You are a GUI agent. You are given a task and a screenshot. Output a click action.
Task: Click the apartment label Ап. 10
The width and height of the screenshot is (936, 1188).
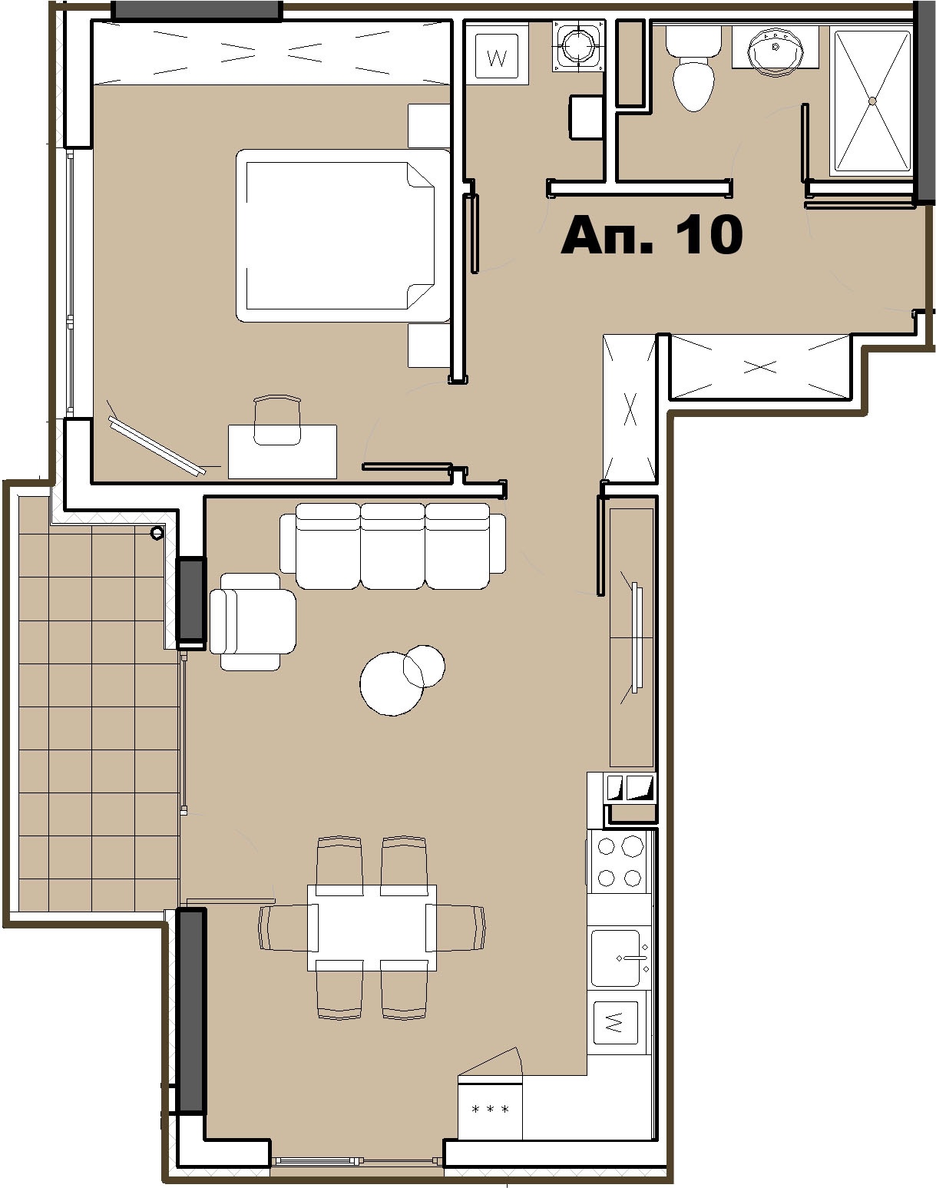tap(651, 235)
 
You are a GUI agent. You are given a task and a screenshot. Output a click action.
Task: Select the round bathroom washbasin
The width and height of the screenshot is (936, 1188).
tap(775, 50)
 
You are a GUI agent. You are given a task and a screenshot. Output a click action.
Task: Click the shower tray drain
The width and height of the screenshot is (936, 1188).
tap(872, 101)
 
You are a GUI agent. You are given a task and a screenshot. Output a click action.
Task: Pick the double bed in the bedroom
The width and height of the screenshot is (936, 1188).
tap(343, 235)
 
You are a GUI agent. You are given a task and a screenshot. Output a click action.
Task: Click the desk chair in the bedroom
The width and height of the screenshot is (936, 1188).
tap(277, 420)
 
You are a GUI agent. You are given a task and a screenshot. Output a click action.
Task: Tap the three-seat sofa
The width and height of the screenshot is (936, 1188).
tap(392, 545)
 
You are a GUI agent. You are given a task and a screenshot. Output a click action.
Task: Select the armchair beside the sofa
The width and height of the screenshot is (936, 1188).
tap(252, 621)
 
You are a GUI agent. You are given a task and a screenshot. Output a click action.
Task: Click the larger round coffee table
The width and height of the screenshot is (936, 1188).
tap(392, 683)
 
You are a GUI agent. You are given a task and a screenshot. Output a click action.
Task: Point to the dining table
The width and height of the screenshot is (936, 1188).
tap(372, 928)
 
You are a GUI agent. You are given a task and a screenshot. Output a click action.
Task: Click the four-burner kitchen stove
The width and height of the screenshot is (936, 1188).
tap(619, 862)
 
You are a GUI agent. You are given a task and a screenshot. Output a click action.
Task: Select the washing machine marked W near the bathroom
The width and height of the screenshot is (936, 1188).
tap(497, 56)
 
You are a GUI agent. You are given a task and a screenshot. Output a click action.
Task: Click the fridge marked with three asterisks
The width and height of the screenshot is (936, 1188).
tap(490, 1108)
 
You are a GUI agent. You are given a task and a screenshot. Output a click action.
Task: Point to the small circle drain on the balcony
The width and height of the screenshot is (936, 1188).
tap(157, 533)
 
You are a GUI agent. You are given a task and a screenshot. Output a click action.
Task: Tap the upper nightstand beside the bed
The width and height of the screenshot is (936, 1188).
tap(429, 125)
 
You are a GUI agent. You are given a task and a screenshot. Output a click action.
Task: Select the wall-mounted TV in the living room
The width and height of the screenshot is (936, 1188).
tap(637, 637)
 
